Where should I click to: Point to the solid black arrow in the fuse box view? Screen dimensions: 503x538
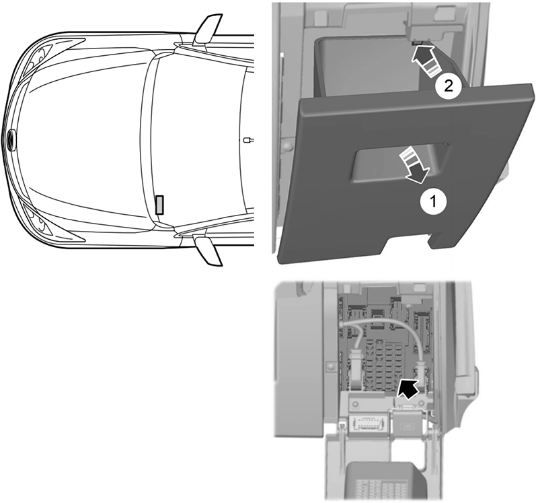click(x=406, y=389)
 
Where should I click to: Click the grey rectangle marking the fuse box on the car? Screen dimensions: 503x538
click(x=160, y=203)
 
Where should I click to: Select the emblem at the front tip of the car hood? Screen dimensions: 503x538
click(x=11, y=139)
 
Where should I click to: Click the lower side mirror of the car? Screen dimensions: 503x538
click(x=206, y=250)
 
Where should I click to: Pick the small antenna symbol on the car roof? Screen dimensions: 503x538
click(x=248, y=140)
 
